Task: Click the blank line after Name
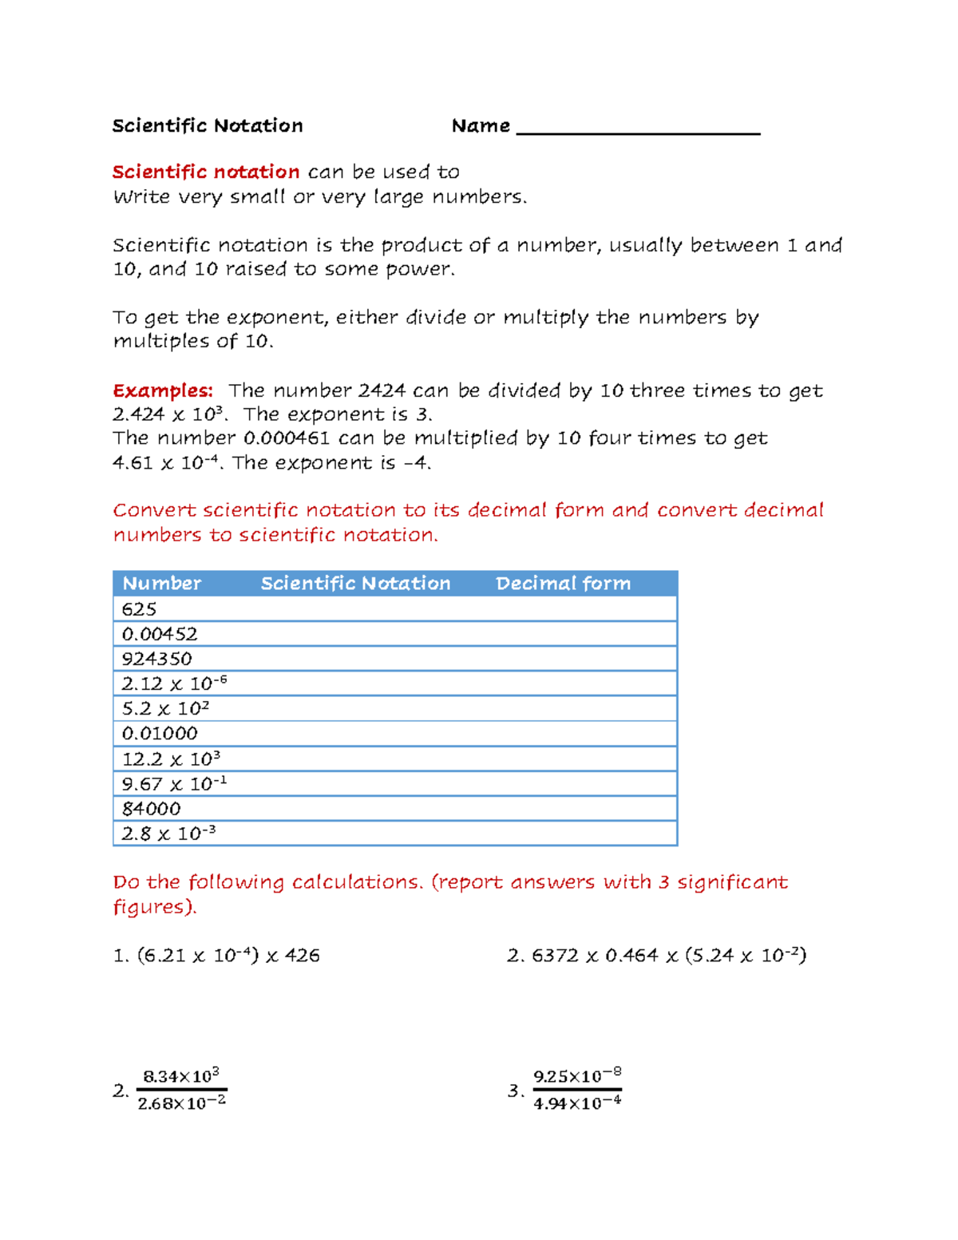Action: coord(638,128)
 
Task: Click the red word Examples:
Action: coord(163,390)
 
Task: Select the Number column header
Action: coord(161,584)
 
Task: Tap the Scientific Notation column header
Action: coord(355,584)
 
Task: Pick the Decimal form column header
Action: coord(563,584)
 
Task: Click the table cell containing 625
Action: coord(139,609)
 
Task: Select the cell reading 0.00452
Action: coord(160,634)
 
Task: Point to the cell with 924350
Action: coord(156,659)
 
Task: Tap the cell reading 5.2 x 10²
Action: coord(165,708)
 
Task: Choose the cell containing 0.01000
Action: coord(160,733)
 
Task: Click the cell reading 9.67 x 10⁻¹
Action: coord(174,783)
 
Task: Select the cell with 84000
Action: coord(151,808)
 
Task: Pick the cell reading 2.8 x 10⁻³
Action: coord(168,834)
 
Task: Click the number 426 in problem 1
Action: coord(303,956)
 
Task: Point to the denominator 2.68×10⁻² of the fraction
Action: coord(182,1103)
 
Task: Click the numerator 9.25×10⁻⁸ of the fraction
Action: coord(577,1076)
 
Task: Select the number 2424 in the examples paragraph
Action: coord(382,390)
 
